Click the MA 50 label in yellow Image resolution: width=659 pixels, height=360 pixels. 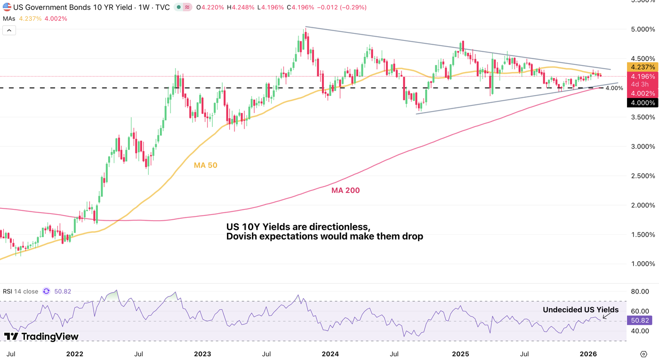click(x=205, y=165)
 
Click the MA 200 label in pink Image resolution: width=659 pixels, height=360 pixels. click(x=345, y=190)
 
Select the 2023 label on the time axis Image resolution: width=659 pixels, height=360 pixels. click(x=202, y=353)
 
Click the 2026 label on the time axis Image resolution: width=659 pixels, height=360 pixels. click(x=588, y=353)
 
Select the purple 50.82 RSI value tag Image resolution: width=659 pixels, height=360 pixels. click(x=639, y=320)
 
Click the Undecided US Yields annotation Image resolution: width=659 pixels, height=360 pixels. click(x=580, y=310)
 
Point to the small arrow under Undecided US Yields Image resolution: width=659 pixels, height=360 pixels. click(x=606, y=316)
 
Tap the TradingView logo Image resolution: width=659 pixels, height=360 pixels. click(x=41, y=336)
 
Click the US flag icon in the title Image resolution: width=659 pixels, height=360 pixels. click(x=7, y=8)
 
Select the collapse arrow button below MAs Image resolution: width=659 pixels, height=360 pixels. click(x=9, y=31)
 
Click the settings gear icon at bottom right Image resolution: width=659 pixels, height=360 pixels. click(x=643, y=353)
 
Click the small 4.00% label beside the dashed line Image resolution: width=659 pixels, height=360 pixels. click(x=614, y=88)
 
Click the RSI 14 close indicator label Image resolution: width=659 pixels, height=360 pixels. click(x=20, y=291)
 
